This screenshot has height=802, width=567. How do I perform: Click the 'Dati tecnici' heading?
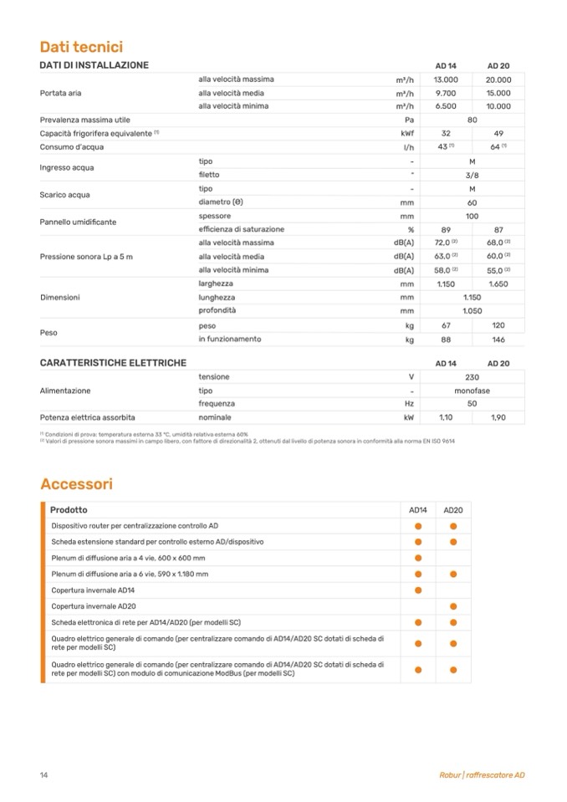point(81,47)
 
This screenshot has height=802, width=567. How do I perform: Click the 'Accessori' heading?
point(76,484)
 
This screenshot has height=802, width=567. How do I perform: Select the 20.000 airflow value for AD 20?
point(498,79)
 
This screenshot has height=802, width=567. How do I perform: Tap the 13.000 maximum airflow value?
point(446,79)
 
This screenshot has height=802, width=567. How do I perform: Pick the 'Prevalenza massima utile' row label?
point(85,120)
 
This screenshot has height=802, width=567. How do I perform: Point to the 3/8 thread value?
point(472,175)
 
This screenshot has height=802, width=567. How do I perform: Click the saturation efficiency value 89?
point(446,229)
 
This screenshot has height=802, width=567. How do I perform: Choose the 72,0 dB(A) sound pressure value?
point(445,243)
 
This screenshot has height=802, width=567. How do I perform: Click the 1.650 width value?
point(498,284)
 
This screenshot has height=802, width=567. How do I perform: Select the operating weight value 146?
point(498,340)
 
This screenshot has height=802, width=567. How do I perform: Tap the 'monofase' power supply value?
point(472,391)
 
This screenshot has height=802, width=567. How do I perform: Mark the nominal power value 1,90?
point(498,417)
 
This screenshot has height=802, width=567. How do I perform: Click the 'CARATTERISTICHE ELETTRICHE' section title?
point(113,363)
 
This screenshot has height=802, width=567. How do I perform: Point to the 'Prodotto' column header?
point(69,509)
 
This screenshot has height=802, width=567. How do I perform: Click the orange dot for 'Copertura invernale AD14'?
point(418,590)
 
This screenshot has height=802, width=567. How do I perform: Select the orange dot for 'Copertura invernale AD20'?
point(453,605)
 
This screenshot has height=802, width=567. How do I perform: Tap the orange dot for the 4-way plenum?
point(418,558)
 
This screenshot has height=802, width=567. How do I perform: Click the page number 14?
point(43,774)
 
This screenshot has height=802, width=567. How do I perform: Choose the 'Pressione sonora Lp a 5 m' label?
point(86,257)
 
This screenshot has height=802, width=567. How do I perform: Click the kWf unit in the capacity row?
point(407,134)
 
